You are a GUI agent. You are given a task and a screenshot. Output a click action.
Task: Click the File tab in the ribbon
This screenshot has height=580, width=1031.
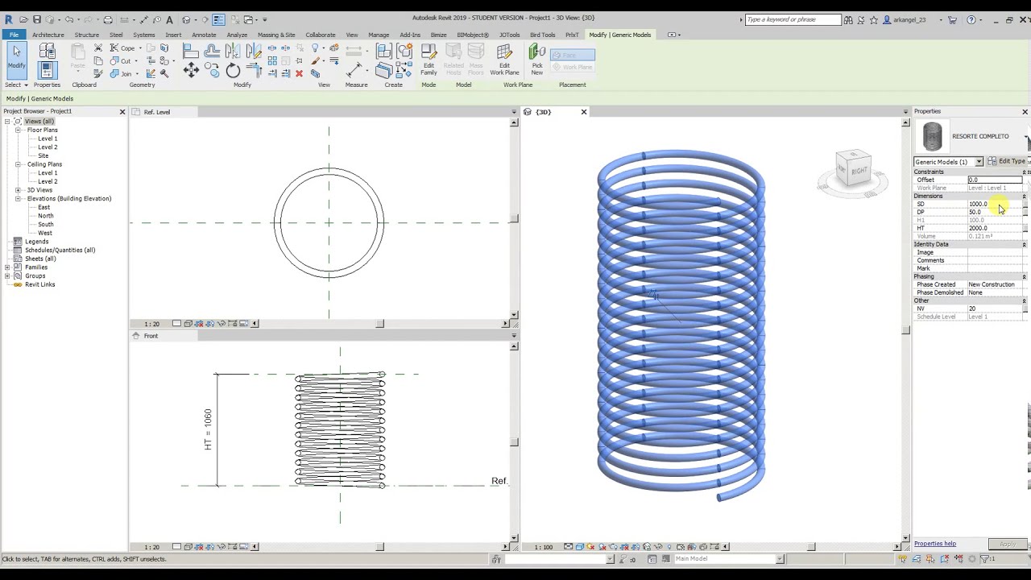(x=14, y=35)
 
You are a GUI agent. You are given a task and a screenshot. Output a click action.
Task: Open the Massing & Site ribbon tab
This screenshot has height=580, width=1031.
(x=276, y=35)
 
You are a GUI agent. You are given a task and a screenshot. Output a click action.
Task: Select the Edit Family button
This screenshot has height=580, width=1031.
(x=429, y=60)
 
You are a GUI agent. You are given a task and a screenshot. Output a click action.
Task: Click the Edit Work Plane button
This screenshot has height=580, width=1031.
(x=504, y=60)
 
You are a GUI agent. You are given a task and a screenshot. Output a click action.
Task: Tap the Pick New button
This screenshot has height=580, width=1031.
(x=537, y=60)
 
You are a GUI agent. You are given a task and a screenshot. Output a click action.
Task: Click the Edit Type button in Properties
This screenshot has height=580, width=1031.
(x=1008, y=161)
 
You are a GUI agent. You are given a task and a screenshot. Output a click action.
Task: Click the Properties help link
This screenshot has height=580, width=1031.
(x=934, y=544)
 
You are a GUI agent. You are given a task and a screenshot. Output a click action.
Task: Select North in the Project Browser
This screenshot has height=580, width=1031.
(x=46, y=216)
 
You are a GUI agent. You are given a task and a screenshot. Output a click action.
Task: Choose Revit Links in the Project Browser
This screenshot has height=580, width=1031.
(x=39, y=284)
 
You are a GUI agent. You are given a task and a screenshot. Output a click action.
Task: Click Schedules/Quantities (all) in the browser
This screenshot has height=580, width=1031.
(x=60, y=250)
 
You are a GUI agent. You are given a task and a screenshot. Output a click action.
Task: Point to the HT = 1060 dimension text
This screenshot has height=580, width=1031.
(x=208, y=429)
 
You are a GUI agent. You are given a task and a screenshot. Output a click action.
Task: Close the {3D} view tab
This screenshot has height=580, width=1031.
(x=584, y=112)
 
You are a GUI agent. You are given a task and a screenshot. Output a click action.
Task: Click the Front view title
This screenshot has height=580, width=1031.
(x=151, y=336)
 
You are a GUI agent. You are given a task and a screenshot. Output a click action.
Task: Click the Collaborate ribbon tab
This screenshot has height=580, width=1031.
(x=320, y=35)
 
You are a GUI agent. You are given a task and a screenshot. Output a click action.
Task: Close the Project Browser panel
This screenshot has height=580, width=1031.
(x=122, y=112)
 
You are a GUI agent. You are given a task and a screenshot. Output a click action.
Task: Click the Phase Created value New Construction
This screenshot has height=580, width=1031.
(x=991, y=284)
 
